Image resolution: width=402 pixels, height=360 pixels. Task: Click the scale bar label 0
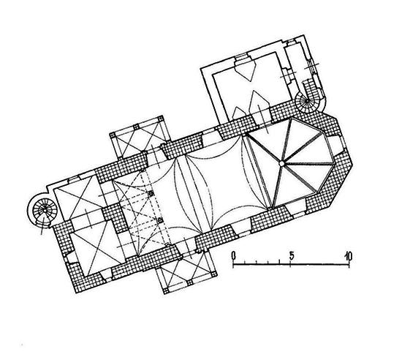click(x=233, y=255)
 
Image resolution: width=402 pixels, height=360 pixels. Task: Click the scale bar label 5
click(x=292, y=255)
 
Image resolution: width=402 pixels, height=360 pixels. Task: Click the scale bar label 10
click(x=348, y=255)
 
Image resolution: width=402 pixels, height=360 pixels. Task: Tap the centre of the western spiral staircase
click(x=45, y=211)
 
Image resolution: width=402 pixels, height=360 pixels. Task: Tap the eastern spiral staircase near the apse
click(x=307, y=102)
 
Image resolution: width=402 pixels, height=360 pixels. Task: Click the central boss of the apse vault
click(x=281, y=163)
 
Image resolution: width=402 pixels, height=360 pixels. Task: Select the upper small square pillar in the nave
click(x=151, y=194)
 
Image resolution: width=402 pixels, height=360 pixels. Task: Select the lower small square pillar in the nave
click(x=161, y=220)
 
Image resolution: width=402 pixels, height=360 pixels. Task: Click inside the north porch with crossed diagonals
click(x=139, y=140)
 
